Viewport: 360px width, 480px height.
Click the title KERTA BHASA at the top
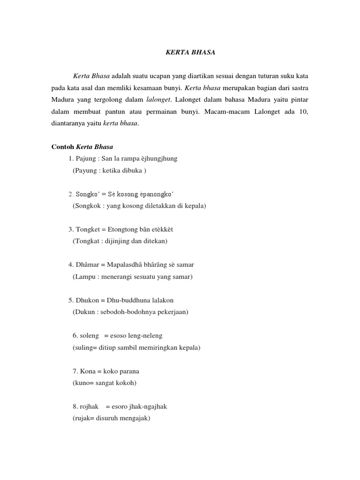tap(191, 52)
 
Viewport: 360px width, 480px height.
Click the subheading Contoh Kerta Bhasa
tap(82, 147)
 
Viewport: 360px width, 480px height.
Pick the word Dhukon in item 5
tap(87, 300)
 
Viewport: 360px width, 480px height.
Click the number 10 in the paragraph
tap(304, 112)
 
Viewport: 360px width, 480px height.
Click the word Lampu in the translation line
tap(84, 277)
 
